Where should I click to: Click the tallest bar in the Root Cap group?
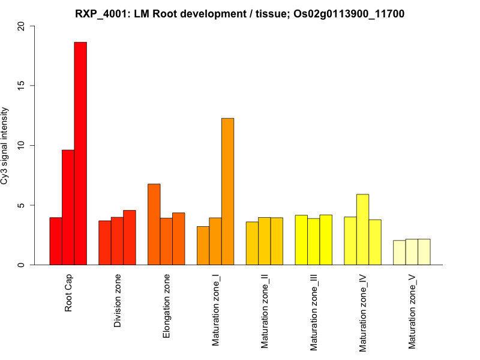[x=80, y=154]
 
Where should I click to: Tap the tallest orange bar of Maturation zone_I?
[x=227, y=191]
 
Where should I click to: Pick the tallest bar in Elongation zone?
[x=154, y=224]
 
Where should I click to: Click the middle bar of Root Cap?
[x=68, y=208]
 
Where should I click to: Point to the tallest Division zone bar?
[x=130, y=238]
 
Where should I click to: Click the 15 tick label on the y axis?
[x=22, y=86]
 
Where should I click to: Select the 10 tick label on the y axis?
[x=22, y=145]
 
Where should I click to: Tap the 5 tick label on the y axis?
[x=22, y=205]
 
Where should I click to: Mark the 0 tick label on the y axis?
[x=22, y=265]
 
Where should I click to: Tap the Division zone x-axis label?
[x=118, y=301]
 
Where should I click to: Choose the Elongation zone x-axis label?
[x=167, y=305]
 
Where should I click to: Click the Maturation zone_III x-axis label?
[x=314, y=313]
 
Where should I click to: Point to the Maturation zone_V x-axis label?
[x=412, y=312]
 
